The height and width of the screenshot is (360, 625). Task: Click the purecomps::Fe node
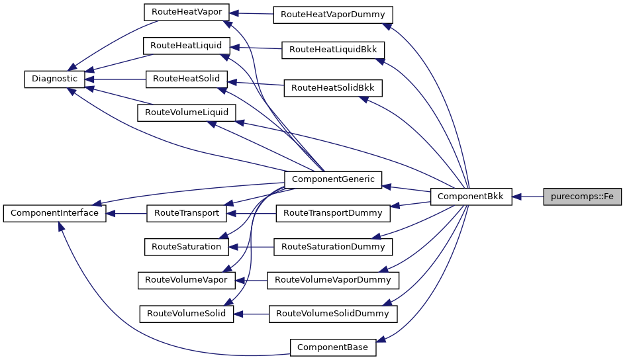582,197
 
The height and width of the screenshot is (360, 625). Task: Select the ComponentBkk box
471,197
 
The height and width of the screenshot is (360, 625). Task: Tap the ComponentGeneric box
332,179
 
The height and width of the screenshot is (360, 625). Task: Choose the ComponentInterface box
54,213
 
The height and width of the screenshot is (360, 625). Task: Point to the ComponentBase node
333,347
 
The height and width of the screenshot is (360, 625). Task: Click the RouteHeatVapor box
186,12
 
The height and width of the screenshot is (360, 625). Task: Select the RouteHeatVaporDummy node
333,14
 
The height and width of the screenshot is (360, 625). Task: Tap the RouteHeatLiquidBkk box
333,50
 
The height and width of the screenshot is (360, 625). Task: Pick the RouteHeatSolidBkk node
333,87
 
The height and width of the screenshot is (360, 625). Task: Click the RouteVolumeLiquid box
186,112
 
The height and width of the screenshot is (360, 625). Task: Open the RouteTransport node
186,213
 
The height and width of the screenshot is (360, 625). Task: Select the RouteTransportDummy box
333,213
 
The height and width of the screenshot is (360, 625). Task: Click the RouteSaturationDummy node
333,247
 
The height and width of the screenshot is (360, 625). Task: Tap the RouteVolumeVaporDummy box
333,280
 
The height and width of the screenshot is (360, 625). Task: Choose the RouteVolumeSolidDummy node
333,314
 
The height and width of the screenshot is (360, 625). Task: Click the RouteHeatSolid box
186,79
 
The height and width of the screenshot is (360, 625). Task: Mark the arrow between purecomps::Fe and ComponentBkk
528,197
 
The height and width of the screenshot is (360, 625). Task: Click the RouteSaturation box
186,247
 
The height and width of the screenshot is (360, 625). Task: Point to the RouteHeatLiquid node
186,46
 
